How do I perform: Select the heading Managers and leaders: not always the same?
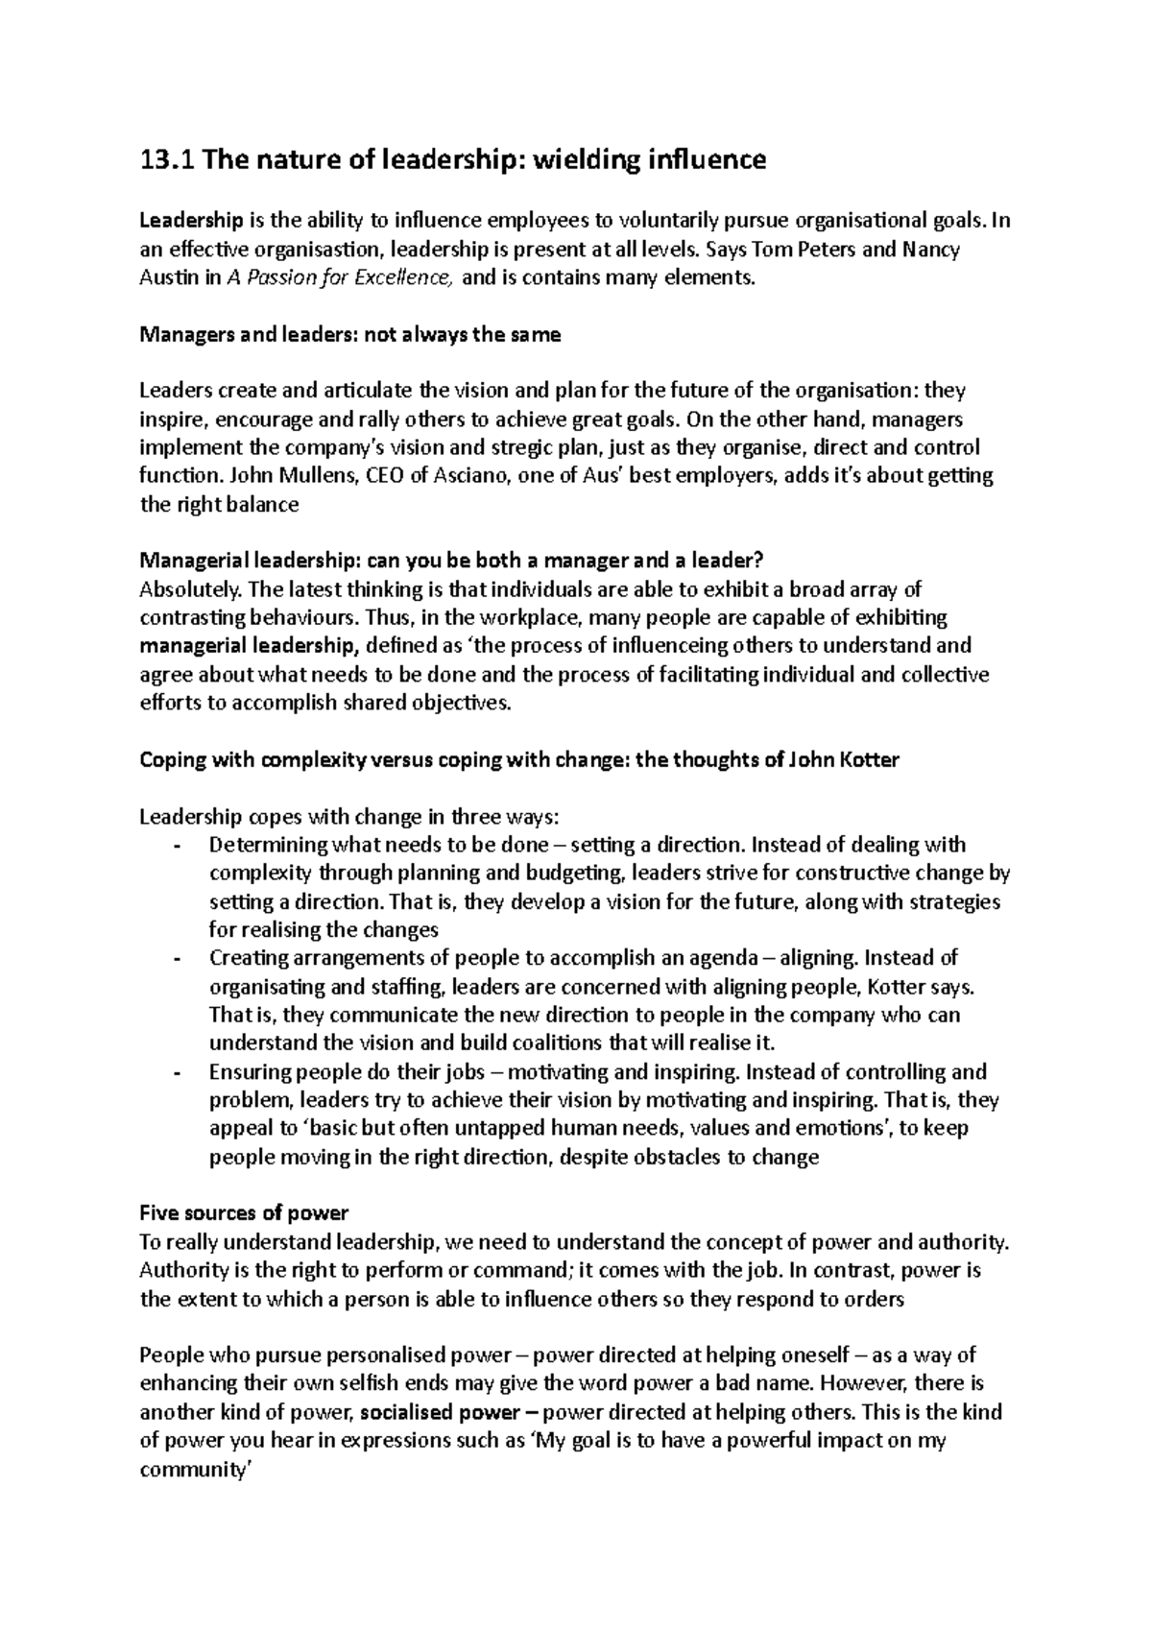point(350,335)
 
